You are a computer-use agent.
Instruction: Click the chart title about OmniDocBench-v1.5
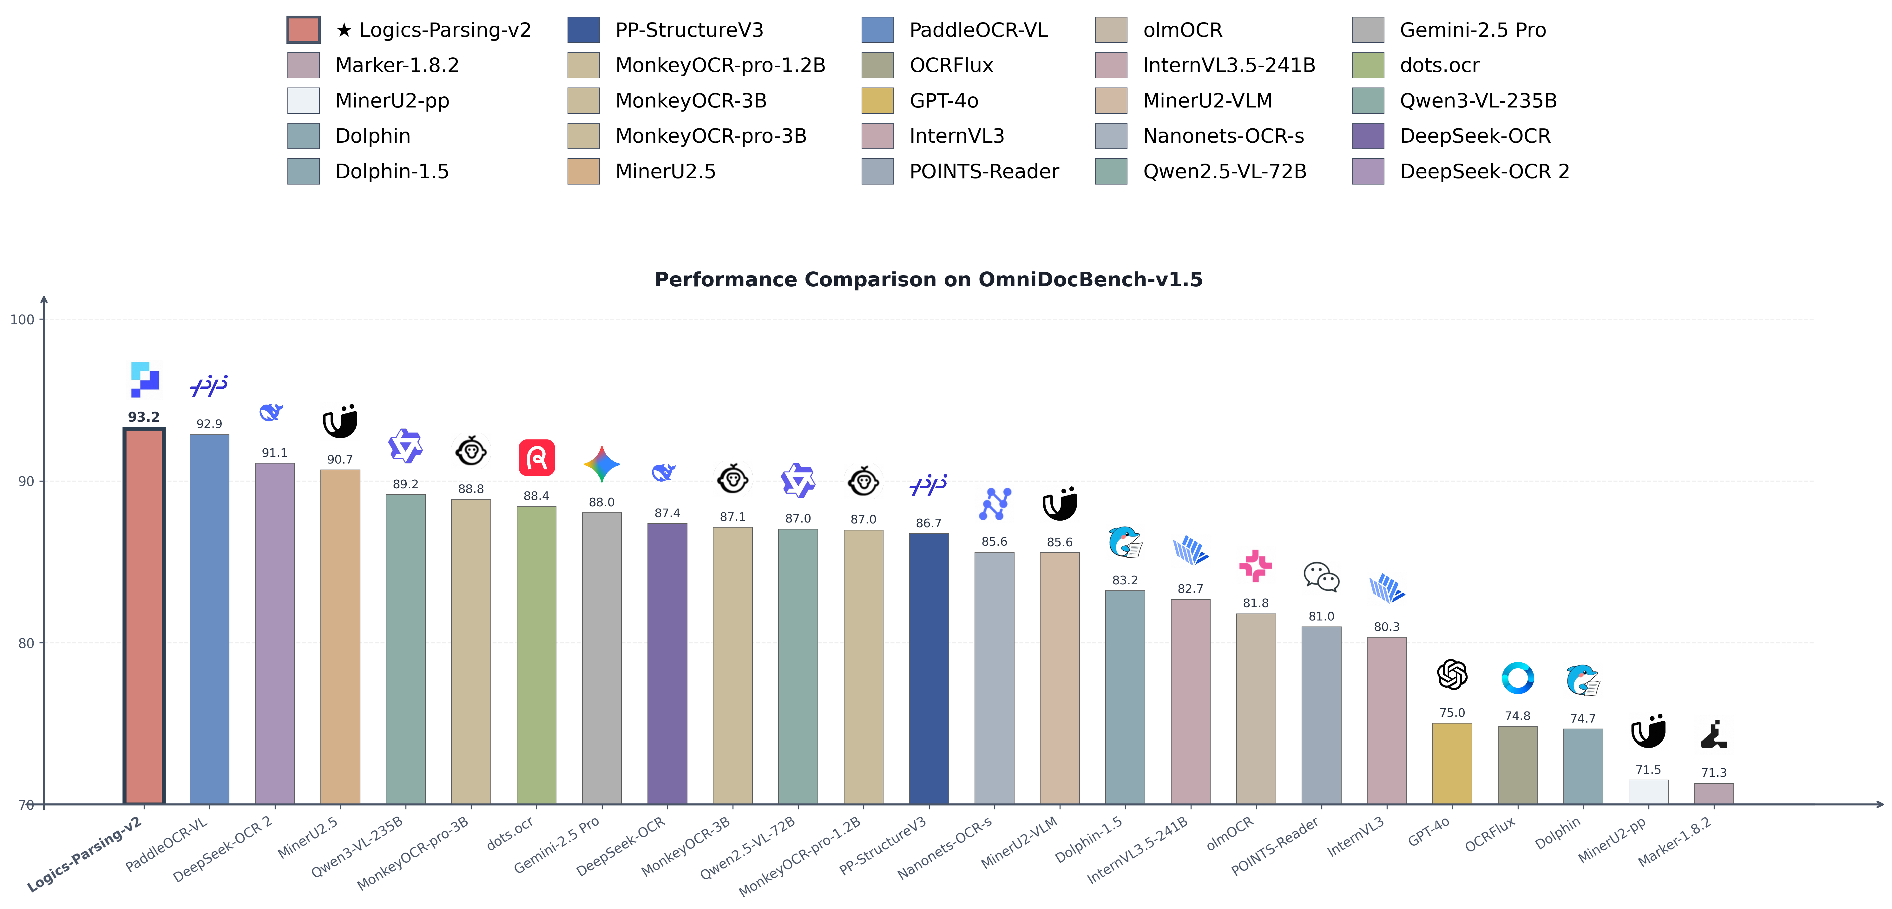coord(928,280)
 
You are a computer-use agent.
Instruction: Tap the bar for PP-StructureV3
coord(928,668)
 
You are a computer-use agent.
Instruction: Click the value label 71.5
coord(1648,769)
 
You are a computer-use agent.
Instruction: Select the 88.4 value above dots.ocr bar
coord(536,496)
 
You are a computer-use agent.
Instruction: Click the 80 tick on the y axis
coord(26,643)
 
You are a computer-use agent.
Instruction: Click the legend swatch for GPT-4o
coord(878,101)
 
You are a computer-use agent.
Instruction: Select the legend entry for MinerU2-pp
coord(391,101)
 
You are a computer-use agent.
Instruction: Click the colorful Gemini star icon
coord(601,464)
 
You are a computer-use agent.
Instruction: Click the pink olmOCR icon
coord(1255,565)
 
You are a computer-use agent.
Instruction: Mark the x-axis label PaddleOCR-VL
coord(168,844)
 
